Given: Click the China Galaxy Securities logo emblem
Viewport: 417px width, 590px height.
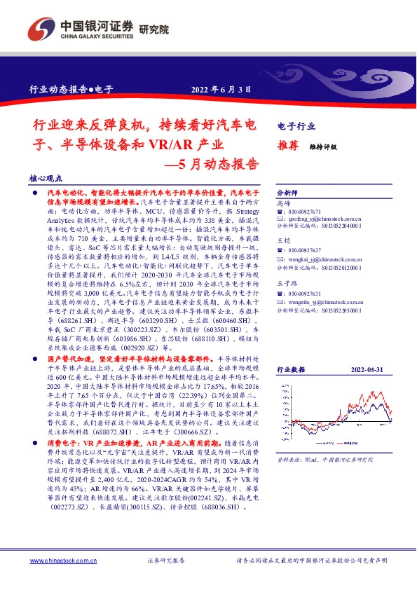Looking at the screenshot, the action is click(x=40, y=29).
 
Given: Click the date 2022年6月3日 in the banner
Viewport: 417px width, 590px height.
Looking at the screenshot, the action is click(x=221, y=89).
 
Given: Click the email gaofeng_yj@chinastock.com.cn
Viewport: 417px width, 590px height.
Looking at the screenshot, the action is click(x=321, y=219).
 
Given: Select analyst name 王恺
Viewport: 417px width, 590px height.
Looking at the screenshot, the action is click(x=284, y=241).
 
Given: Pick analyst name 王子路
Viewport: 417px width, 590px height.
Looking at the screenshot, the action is click(x=287, y=284).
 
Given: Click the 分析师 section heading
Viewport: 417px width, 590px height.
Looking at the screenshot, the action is click(x=288, y=191).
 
